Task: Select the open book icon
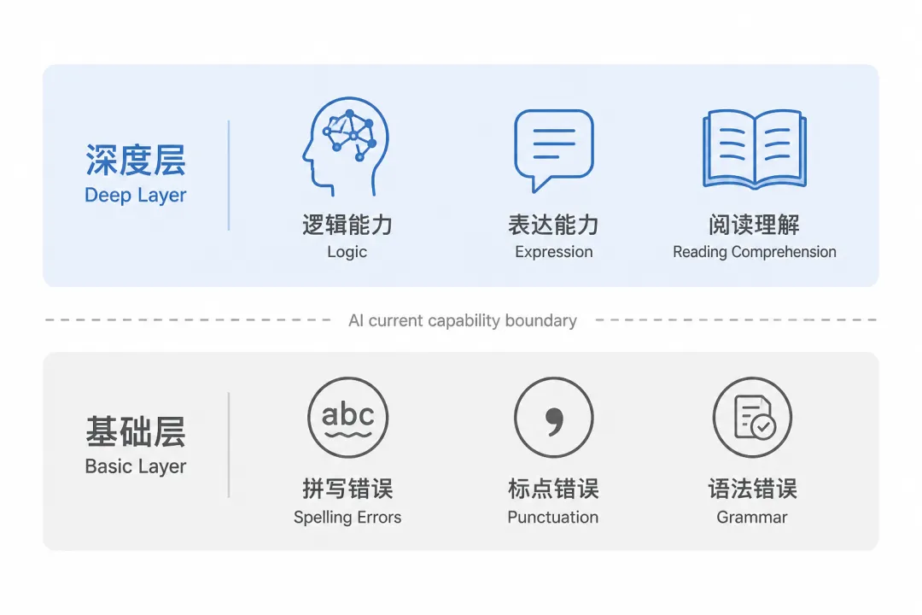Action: pyautogui.click(x=755, y=149)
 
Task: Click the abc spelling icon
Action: pyautogui.click(x=347, y=417)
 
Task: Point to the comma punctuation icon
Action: pyautogui.click(x=554, y=417)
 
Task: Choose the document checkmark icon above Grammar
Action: pyautogui.click(x=752, y=417)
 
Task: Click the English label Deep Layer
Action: pyautogui.click(x=135, y=196)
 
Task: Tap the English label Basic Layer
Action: pyautogui.click(x=135, y=466)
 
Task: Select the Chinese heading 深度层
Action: pyautogui.click(x=135, y=160)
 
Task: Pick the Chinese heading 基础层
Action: pyautogui.click(x=135, y=431)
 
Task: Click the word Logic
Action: pyautogui.click(x=347, y=252)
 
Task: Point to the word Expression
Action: pyautogui.click(x=554, y=252)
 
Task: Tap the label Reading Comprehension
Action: pyautogui.click(x=755, y=252)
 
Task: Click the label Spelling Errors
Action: pyautogui.click(x=347, y=518)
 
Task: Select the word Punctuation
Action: pyautogui.click(x=553, y=518)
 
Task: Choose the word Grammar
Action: pyautogui.click(x=752, y=518)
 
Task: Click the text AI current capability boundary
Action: pyautogui.click(x=463, y=321)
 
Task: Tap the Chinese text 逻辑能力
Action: pyautogui.click(x=347, y=225)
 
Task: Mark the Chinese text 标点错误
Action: pyautogui.click(x=553, y=489)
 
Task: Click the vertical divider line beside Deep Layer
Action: pyautogui.click(x=228, y=175)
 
